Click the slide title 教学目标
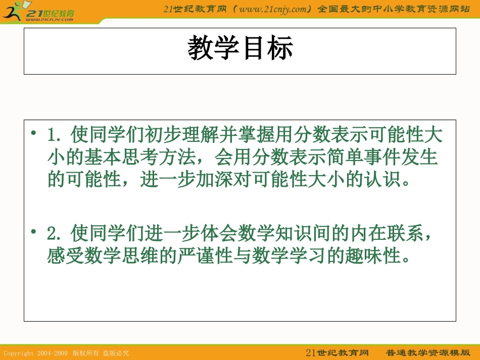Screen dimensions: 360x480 click(240, 49)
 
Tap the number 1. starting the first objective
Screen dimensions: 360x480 click(54, 136)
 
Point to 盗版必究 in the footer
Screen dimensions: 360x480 click(116, 353)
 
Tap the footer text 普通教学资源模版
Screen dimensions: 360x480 click(428, 352)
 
